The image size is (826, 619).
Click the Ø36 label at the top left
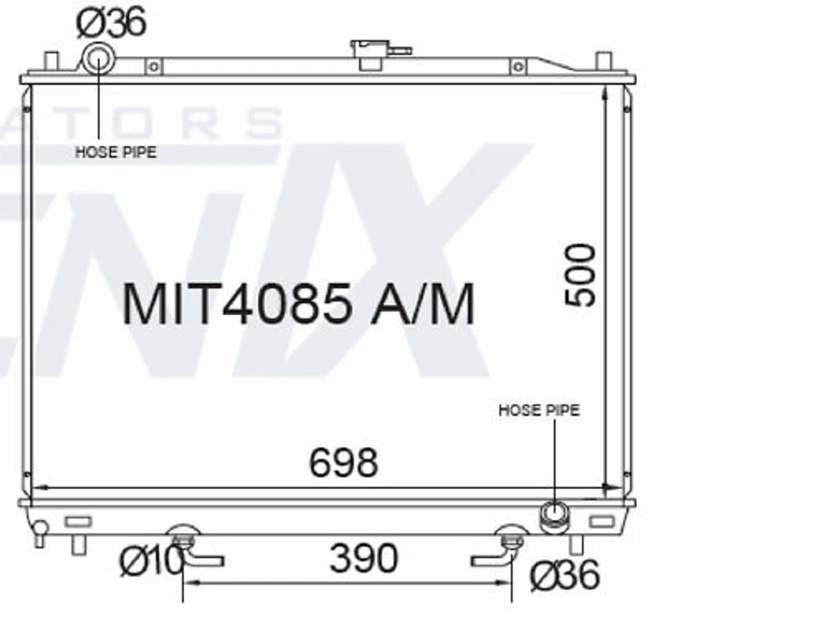coord(111,22)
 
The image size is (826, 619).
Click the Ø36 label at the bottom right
coord(564,576)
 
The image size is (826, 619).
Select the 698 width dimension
coord(343,463)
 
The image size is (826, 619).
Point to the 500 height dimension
coord(581,275)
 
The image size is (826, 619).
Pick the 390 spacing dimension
coord(363,559)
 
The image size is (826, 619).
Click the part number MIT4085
coord(237,303)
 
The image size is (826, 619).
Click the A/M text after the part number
coord(422,303)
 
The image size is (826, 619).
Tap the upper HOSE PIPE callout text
coord(116,152)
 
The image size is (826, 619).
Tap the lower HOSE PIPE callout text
coord(539,411)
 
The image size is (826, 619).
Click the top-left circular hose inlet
coord(97,61)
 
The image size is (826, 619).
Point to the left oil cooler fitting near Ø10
coord(182,542)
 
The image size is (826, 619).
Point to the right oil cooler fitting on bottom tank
coord(512,542)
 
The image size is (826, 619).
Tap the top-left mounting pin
coord(51,63)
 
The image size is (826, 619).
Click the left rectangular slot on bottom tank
coord(77,521)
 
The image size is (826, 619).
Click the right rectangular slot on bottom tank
coord(601,521)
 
